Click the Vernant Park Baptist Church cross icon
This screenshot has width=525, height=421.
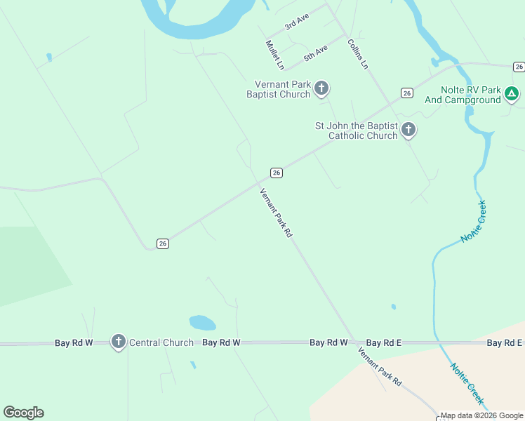(321, 88)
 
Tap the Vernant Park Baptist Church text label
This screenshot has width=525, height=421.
(279, 89)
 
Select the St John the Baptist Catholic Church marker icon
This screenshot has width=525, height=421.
(408, 130)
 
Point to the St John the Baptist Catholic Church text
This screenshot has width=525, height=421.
(357, 131)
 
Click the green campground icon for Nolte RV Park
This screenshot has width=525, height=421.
(512, 94)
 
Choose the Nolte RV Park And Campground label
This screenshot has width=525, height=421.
(463, 95)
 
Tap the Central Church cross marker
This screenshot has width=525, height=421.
(119, 342)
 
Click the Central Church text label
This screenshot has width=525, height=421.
(161, 342)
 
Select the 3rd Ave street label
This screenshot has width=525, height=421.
(297, 22)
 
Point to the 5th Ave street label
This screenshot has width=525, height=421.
(316, 53)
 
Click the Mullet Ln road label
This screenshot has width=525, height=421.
(274, 55)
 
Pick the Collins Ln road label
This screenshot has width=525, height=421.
(357, 53)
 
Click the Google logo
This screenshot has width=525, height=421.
(23, 413)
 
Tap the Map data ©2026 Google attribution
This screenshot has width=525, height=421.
(482, 415)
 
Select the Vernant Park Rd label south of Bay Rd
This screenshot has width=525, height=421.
(379, 366)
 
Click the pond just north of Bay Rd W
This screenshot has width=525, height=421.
(202, 323)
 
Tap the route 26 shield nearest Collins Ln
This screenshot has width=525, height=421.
(406, 93)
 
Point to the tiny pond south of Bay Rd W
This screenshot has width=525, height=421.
(192, 365)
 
